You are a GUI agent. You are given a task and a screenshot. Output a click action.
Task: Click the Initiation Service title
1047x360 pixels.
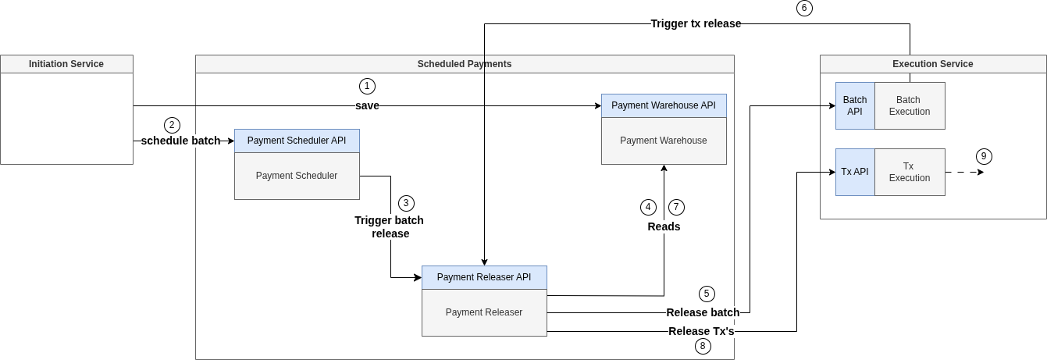[x=66, y=64]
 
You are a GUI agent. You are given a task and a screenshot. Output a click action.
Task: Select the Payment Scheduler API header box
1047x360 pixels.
[x=297, y=141]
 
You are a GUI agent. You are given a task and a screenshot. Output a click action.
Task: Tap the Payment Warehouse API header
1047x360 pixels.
[x=664, y=105]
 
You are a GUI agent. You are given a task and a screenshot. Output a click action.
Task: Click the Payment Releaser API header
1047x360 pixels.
[x=484, y=277]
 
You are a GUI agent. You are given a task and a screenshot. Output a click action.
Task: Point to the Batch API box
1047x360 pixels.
[x=855, y=105]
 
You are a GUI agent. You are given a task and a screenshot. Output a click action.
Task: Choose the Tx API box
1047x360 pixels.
[x=855, y=172]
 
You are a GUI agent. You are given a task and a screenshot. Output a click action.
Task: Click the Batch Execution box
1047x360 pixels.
[x=910, y=105]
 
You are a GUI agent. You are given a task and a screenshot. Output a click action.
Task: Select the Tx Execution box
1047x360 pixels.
[x=910, y=172]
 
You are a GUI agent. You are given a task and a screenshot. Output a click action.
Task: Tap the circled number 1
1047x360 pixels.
[x=367, y=86]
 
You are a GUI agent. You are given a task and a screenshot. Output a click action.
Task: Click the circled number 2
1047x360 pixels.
[x=172, y=125]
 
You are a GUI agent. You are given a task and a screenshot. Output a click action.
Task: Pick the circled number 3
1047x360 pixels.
[x=406, y=203]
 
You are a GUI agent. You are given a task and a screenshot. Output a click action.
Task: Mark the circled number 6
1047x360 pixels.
[x=804, y=9]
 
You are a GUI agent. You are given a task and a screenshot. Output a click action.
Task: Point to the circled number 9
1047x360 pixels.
[x=984, y=156]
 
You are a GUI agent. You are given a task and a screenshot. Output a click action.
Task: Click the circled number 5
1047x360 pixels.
[x=707, y=294]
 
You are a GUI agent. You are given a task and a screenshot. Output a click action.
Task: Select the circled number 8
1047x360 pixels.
[x=703, y=346]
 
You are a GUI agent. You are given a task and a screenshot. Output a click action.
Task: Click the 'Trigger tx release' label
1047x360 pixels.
[x=696, y=23]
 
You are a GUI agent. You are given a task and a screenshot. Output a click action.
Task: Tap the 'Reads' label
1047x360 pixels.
[x=664, y=226]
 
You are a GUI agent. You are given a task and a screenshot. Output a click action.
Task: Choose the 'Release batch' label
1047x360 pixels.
[x=703, y=312]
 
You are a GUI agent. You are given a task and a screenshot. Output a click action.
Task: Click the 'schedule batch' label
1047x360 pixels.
[x=180, y=141]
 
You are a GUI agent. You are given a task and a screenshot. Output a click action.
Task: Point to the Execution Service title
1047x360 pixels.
[x=932, y=64]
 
